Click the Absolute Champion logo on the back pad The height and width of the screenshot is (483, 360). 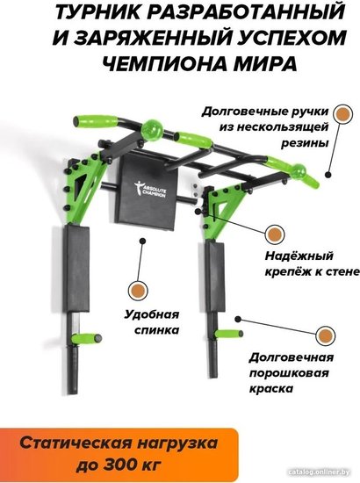pos(151,189)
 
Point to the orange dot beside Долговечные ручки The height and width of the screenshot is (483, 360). pos(342,114)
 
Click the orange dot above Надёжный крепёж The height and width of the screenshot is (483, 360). pos(274,234)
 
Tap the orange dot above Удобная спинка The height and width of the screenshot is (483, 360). pos(138,290)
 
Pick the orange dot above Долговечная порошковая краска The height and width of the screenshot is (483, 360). pos(326,335)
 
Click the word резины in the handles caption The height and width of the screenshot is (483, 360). pos(304,143)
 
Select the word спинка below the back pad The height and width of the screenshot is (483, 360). pos(157,330)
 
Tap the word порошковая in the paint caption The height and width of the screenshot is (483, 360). pos(289,373)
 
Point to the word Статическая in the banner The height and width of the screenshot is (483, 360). pos(76,443)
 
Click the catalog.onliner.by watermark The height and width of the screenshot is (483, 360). pos(319,472)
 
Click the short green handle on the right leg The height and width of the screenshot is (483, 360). pos(228,334)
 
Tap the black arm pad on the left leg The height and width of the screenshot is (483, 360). pos(76,270)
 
